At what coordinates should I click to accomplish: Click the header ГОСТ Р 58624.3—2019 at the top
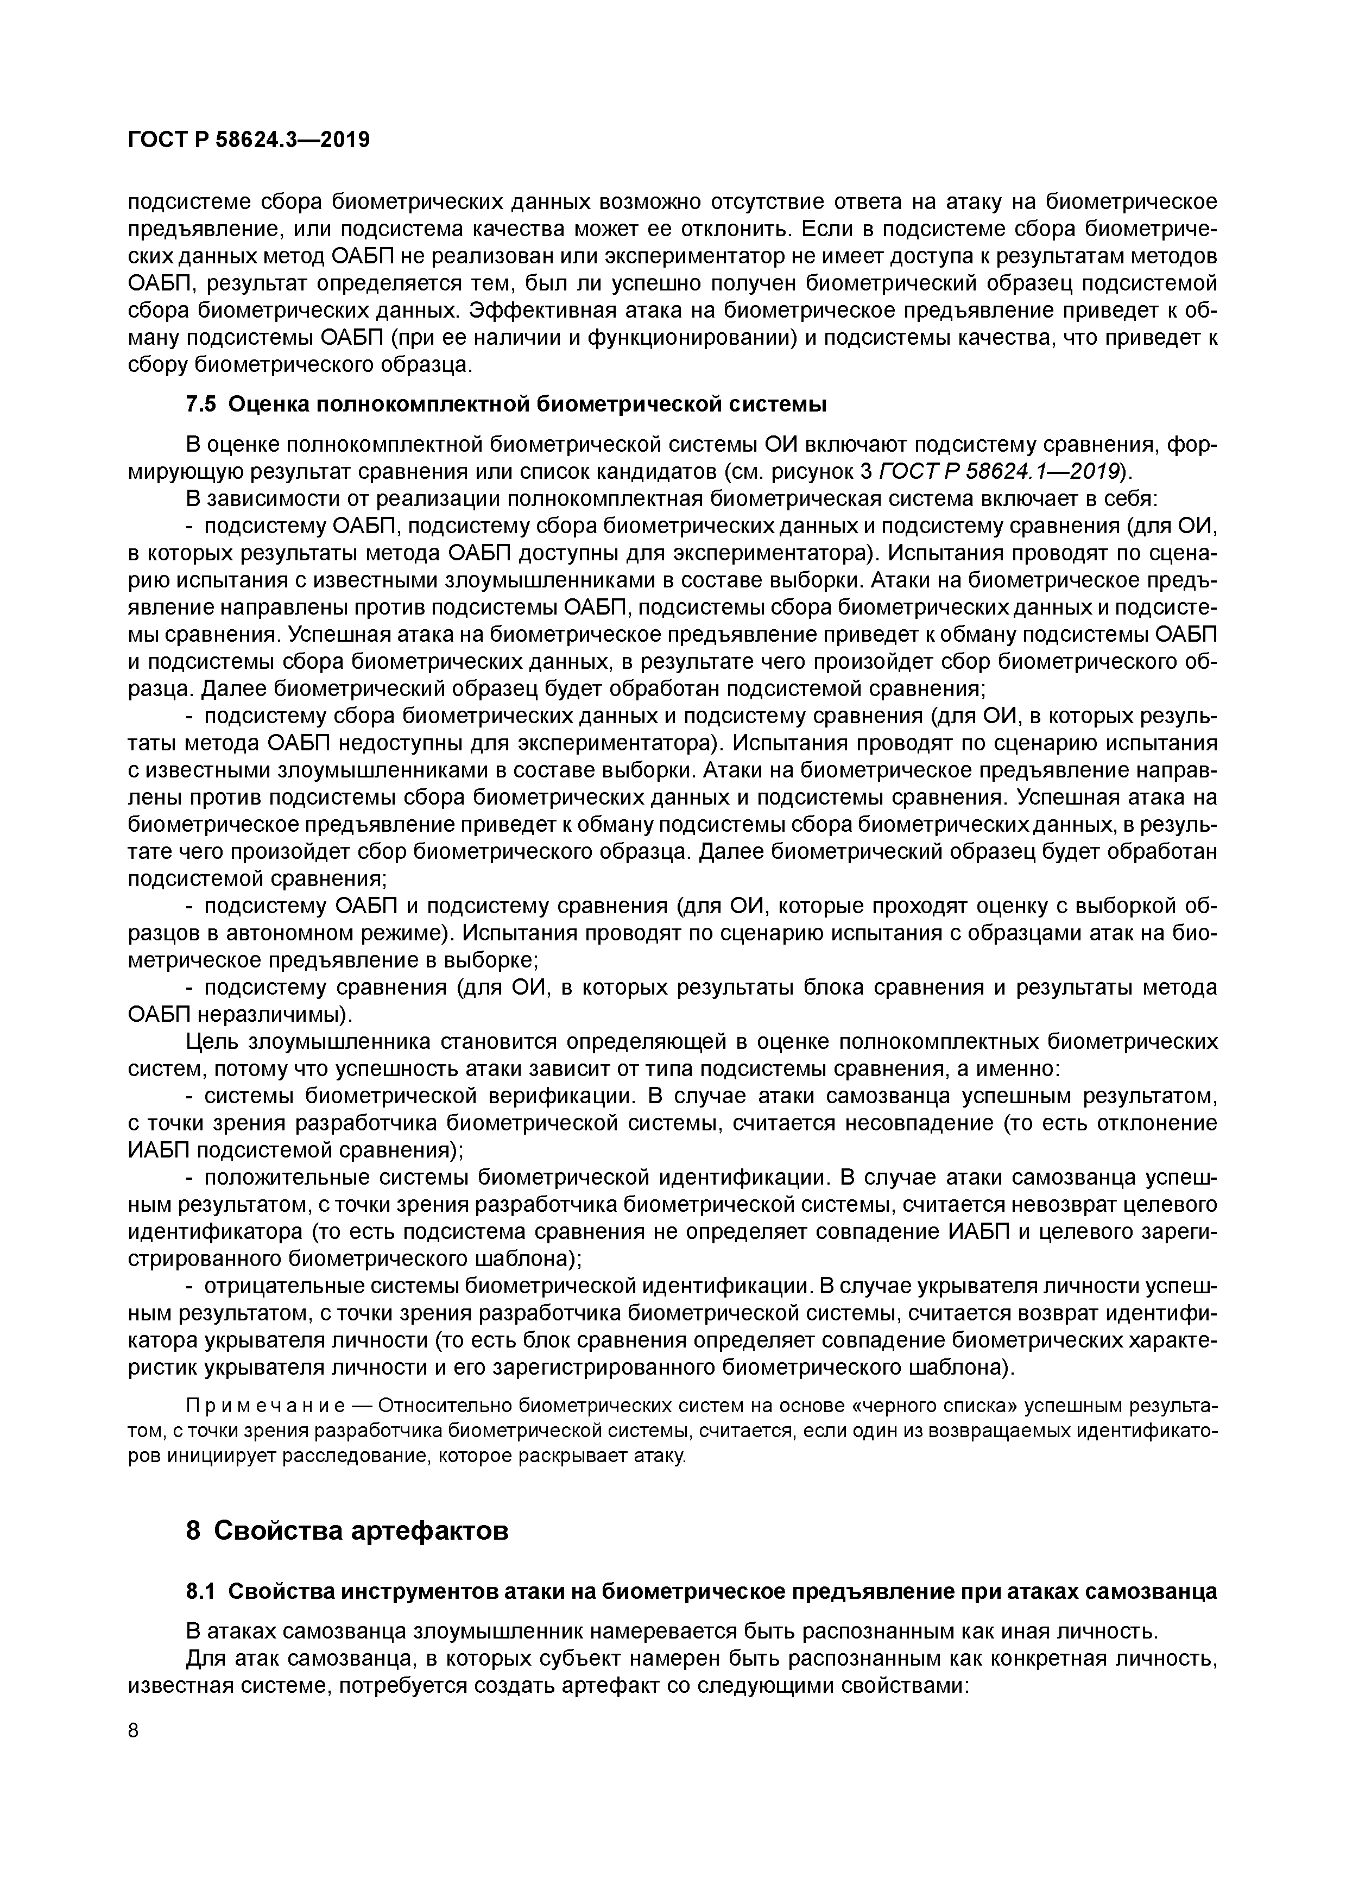249,140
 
